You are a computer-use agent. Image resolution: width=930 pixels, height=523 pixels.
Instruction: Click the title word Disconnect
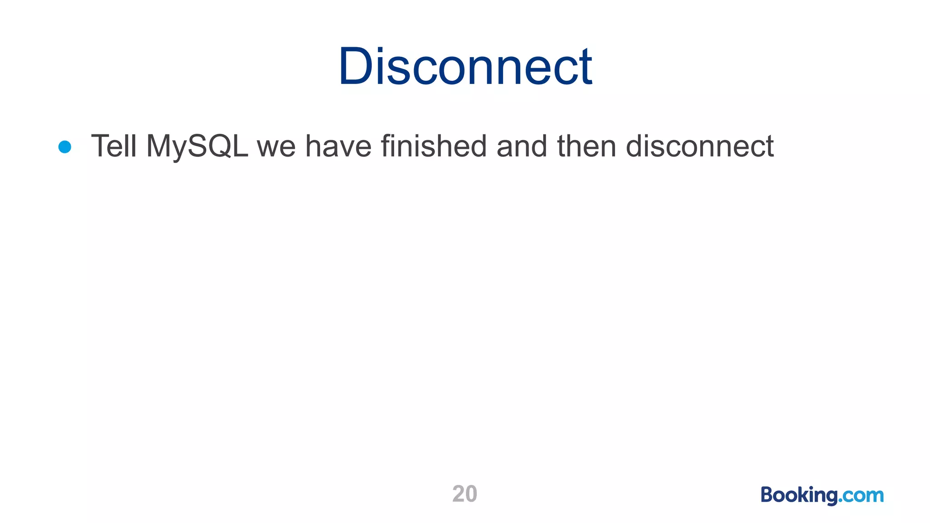point(465,67)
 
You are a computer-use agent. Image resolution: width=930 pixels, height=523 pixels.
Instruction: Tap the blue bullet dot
point(65,147)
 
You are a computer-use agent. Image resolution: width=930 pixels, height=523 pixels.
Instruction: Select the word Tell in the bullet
point(114,146)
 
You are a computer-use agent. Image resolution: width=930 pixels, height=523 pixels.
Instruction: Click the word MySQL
point(197,146)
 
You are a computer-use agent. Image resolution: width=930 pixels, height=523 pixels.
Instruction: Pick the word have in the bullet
point(338,146)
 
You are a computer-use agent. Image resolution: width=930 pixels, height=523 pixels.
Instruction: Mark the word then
point(587,146)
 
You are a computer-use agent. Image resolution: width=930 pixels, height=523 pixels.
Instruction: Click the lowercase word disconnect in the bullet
point(699,146)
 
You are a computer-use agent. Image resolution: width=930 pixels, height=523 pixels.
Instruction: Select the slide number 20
point(465,494)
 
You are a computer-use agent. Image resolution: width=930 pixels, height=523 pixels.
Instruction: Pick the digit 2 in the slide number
point(459,494)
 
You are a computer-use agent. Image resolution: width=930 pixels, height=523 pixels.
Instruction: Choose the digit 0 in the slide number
point(471,494)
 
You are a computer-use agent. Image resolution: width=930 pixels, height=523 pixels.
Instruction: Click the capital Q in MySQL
point(218,146)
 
